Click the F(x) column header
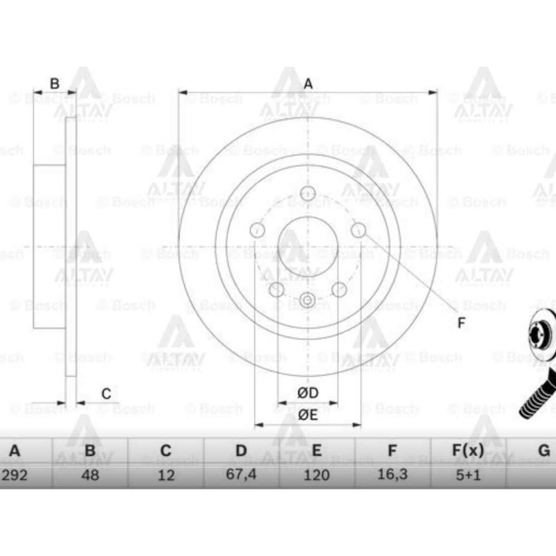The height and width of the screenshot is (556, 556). [x=468, y=450]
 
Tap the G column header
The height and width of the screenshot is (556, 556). [x=543, y=450]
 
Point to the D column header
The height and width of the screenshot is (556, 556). [x=241, y=450]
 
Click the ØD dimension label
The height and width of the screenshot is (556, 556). [x=308, y=393]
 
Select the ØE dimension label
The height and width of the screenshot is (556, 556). [x=308, y=415]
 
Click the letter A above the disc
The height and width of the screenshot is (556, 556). [x=308, y=84]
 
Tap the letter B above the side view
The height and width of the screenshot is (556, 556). [x=55, y=84]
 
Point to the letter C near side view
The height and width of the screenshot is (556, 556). [x=106, y=394]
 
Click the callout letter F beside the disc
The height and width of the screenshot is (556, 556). [x=461, y=322]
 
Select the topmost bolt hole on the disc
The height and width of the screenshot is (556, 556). [x=308, y=193]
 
